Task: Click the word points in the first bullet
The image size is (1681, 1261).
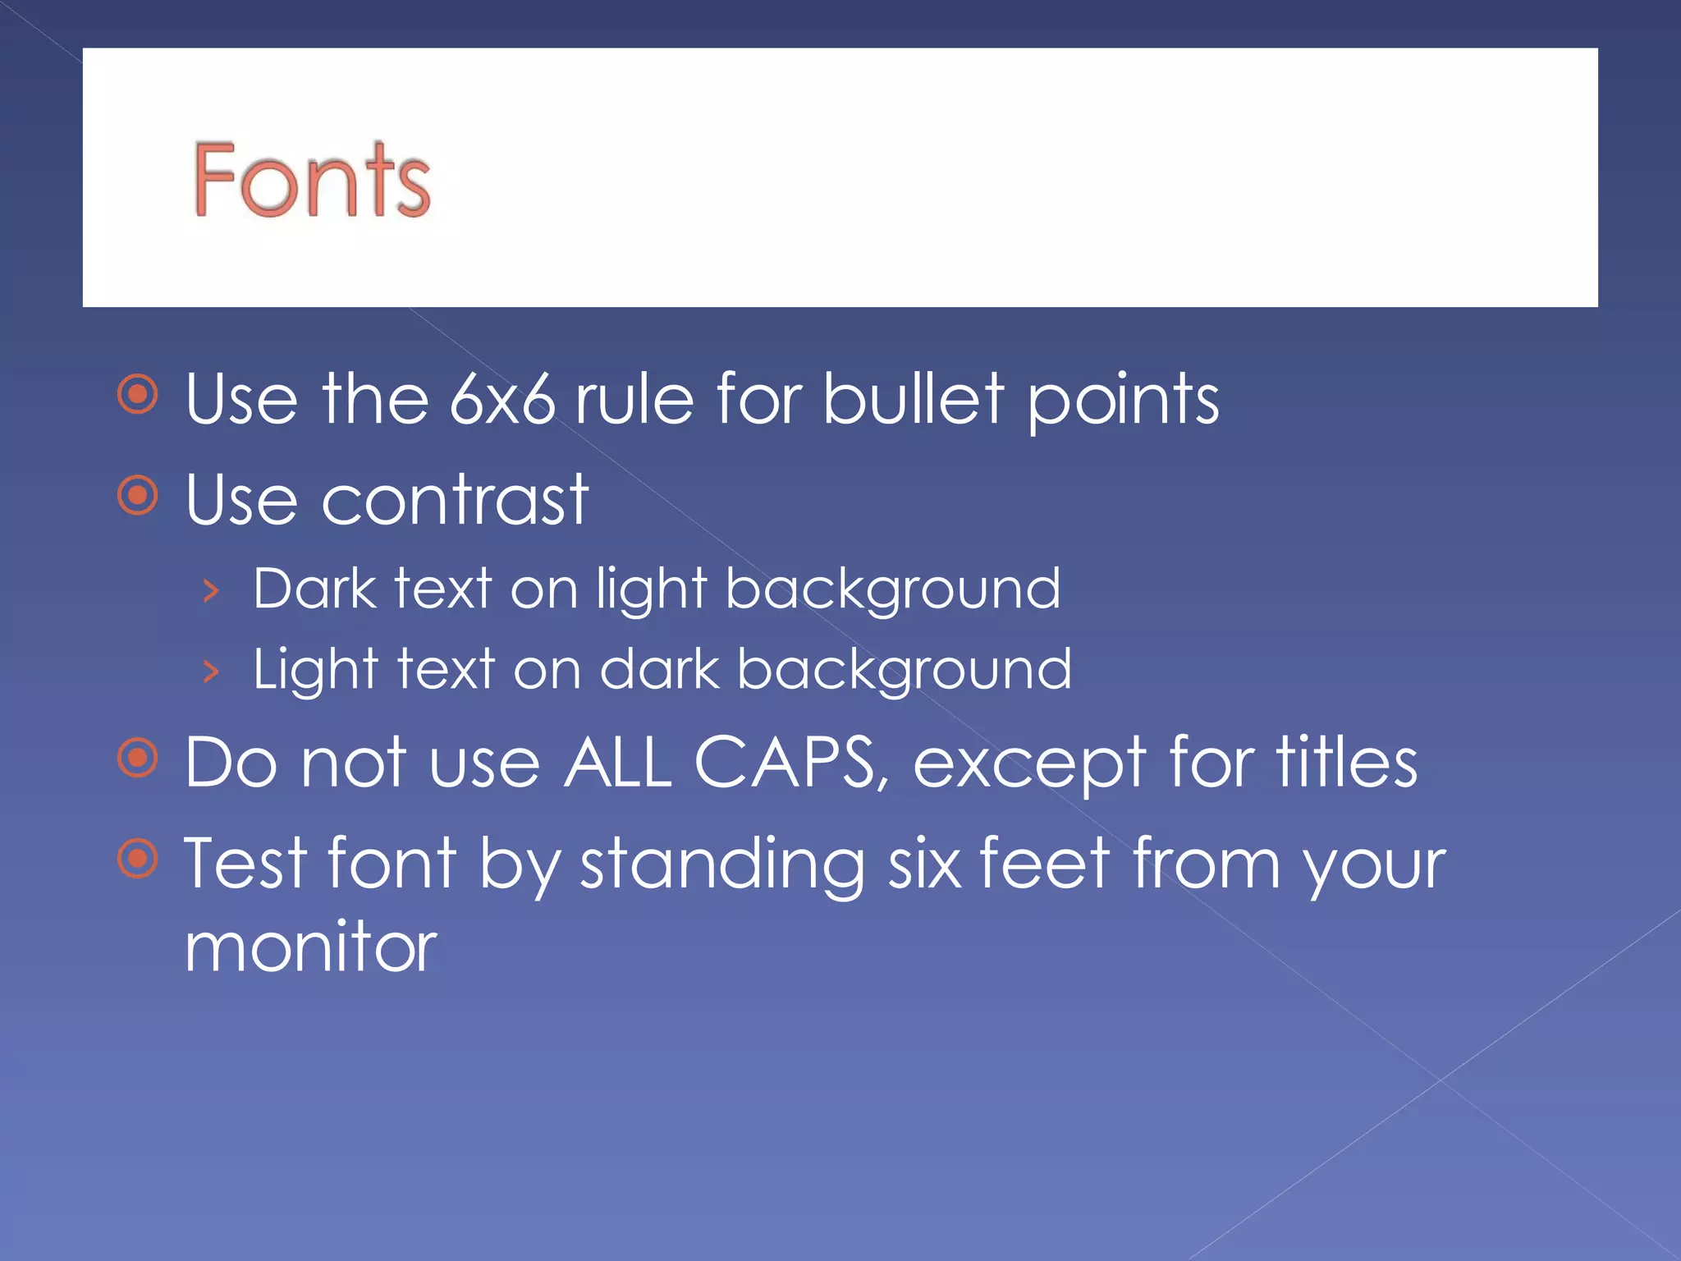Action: pyautogui.click(x=1123, y=401)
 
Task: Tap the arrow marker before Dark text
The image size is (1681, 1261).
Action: pyautogui.click(x=211, y=590)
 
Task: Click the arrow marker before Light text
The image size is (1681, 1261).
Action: pyautogui.click(x=211, y=671)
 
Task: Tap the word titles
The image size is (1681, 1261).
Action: pyautogui.click(x=1346, y=763)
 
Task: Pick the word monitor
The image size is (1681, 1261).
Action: pyautogui.click(x=311, y=947)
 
